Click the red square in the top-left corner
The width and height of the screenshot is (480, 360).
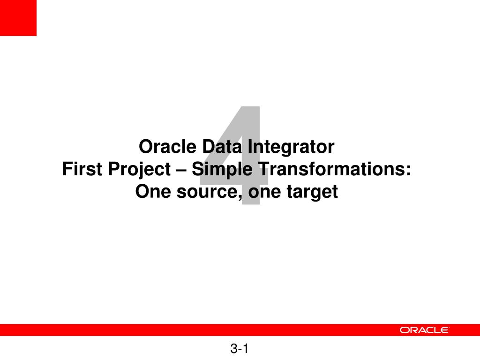[x=18, y=18]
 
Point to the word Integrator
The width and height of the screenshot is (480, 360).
[x=291, y=148]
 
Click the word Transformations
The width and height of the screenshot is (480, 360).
[x=328, y=169]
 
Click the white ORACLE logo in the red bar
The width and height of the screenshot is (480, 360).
[x=424, y=330]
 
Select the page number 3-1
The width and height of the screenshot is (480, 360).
[x=240, y=349]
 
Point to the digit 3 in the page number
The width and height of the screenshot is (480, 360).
[x=234, y=349]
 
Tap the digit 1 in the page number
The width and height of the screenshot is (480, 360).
[x=246, y=349]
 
